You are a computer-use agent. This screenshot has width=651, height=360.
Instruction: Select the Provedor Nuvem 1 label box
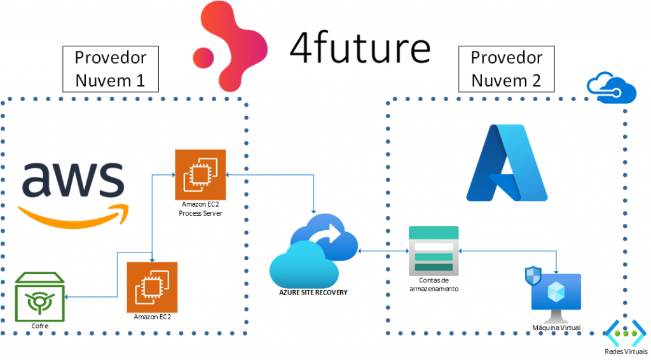pos(110,69)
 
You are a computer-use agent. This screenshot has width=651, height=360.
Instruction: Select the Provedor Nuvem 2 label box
pos(506,69)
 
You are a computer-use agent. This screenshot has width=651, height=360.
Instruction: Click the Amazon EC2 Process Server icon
pos(200,174)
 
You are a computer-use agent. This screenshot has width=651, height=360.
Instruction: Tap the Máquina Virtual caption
pos(556,328)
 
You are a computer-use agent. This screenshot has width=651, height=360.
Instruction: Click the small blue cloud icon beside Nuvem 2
pos(612,88)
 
